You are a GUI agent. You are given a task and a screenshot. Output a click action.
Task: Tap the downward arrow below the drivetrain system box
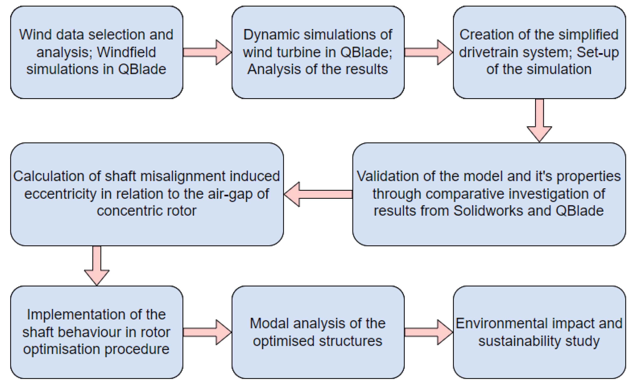(x=539, y=120)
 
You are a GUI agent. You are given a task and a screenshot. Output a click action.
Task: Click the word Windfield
(x=126, y=52)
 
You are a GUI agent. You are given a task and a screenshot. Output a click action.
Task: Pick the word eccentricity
(x=60, y=194)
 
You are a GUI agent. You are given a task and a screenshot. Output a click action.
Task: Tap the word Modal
(x=269, y=324)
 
